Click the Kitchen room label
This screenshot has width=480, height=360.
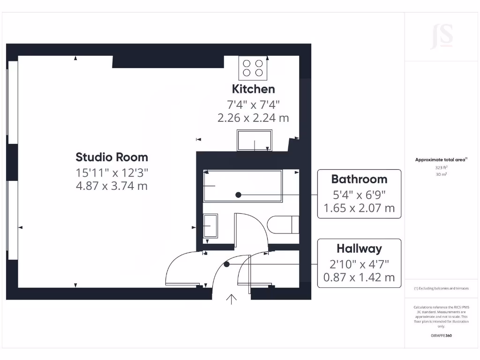click(x=253, y=89)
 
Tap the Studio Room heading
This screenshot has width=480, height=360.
click(x=112, y=157)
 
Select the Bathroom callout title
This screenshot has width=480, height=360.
click(x=359, y=179)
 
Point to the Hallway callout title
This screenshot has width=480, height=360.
click(x=359, y=248)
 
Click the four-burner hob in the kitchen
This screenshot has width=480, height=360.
click(x=253, y=68)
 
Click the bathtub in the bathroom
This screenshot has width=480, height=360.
click(x=243, y=186)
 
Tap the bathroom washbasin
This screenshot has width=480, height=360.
click(x=210, y=226)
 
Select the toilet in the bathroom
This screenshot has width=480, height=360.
click(x=285, y=225)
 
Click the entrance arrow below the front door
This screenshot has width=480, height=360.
click(x=232, y=299)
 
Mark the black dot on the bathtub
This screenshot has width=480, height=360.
click(x=239, y=195)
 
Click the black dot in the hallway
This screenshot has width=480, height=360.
click(x=227, y=264)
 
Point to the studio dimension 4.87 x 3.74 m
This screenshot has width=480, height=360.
click(x=112, y=186)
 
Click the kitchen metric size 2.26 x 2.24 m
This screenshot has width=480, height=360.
click(x=253, y=118)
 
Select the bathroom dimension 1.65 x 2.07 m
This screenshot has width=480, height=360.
click(x=359, y=208)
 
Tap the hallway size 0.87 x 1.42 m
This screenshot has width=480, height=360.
click(x=359, y=277)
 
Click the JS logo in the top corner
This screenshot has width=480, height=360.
click(x=442, y=36)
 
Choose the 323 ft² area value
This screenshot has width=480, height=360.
click(x=441, y=167)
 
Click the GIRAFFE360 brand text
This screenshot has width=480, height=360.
click(x=441, y=336)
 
